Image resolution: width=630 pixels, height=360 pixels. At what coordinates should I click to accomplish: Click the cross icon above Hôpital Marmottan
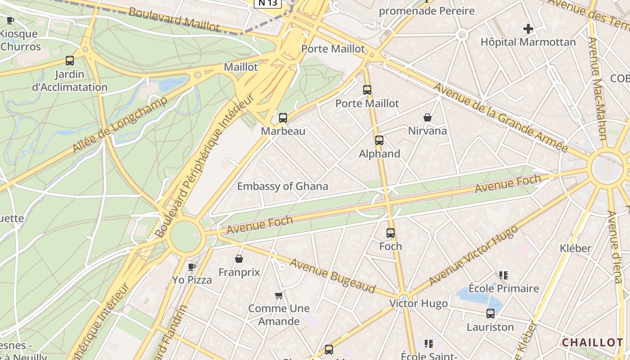(x=528, y=29)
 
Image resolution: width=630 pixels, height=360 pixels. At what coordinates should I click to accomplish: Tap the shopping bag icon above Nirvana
(x=427, y=118)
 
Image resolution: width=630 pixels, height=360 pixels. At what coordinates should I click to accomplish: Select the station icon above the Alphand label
(x=379, y=140)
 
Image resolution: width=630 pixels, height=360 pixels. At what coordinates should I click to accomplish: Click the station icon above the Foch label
(x=391, y=233)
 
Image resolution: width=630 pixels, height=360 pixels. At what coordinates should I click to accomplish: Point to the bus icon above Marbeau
(x=283, y=118)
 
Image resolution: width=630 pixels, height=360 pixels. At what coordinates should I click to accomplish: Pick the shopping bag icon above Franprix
(x=239, y=259)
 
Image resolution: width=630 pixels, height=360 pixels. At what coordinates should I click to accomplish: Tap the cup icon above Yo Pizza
(x=192, y=267)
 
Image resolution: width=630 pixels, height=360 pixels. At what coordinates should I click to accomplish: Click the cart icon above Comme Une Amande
(x=279, y=296)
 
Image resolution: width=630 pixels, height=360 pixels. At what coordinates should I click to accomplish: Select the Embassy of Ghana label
(x=283, y=186)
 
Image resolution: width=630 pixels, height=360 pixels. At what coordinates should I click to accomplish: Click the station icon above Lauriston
(x=490, y=314)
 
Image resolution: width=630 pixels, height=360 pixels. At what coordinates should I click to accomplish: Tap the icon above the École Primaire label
(x=503, y=275)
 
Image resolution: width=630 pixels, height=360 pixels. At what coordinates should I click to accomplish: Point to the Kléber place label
(x=575, y=248)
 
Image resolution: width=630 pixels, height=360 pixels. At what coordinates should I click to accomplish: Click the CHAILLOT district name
(x=592, y=342)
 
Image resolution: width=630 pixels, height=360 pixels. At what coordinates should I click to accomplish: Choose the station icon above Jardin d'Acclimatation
(x=70, y=61)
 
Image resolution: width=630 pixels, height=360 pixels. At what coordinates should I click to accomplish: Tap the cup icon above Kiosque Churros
(x=10, y=20)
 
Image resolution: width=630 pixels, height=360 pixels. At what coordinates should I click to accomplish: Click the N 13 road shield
(x=268, y=3)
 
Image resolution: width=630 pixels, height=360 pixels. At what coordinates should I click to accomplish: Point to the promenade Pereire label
(x=427, y=11)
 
